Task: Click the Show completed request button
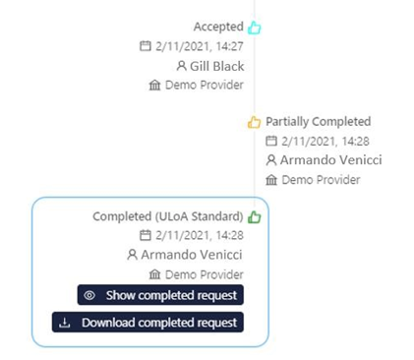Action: (x=159, y=295)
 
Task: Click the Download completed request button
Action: (x=147, y=322)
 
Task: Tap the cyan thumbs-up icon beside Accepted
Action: (x=254, y=28)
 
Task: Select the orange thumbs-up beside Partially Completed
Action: (x=254, y=122)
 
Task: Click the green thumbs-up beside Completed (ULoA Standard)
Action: (x=254, y=216)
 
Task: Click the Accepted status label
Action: (x=218, y=28)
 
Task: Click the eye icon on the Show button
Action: (x=89, y=295)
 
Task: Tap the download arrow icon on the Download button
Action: (x=65, y=322)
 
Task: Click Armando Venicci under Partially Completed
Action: (x=330, y=160)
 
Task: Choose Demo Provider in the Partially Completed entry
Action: (x=321, y=180)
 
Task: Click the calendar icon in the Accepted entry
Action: (x=146, y=46)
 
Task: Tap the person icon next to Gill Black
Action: (x=181, y=66)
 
